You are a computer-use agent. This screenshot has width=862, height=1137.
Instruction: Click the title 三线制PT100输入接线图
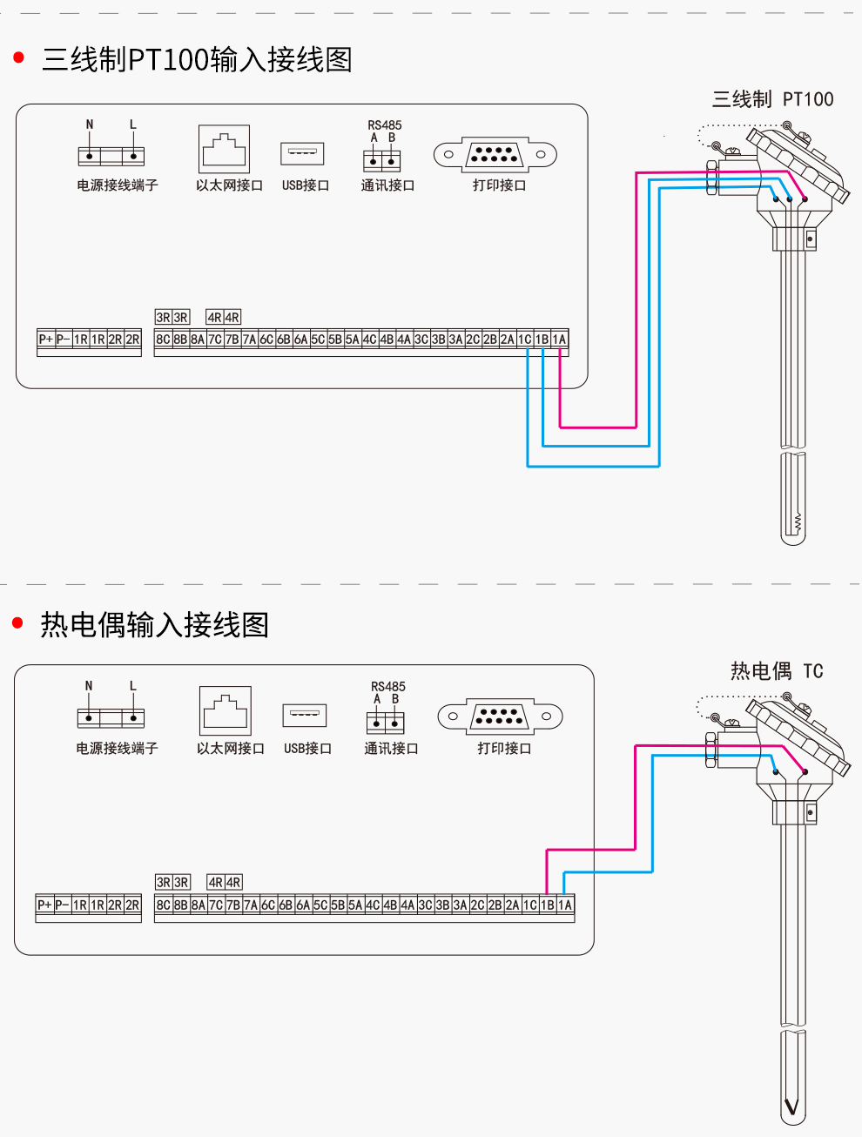197,60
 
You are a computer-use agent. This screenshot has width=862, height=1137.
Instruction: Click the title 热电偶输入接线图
154,624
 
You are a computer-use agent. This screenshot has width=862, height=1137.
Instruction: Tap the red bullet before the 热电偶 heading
17,623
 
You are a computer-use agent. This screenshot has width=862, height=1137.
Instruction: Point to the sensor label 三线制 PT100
772,99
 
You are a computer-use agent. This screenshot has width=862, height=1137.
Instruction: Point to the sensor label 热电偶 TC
776,670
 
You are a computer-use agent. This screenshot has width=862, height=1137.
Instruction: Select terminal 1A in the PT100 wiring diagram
559,340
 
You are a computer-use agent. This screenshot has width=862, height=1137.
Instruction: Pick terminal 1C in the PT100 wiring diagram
525,340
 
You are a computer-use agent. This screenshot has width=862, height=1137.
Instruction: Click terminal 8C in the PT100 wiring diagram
163,340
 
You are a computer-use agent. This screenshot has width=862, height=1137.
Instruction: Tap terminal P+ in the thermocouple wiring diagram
44,905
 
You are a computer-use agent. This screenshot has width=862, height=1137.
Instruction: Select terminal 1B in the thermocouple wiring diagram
547,905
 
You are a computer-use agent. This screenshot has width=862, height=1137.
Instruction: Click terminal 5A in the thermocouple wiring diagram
355,905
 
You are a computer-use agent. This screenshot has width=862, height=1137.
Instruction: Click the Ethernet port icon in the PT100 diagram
224,150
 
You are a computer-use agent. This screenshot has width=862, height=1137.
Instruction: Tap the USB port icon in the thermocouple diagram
305,715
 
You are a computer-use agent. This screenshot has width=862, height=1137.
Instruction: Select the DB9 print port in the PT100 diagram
495,155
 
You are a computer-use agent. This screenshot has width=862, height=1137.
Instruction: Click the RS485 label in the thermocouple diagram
387,686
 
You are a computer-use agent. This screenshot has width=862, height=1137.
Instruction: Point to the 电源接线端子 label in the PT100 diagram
118,185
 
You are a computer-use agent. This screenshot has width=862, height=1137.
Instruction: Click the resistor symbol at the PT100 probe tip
796,522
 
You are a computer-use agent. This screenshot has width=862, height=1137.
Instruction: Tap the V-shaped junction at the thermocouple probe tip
791,1107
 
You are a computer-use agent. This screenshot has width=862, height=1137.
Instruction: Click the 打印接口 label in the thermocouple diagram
504,748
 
